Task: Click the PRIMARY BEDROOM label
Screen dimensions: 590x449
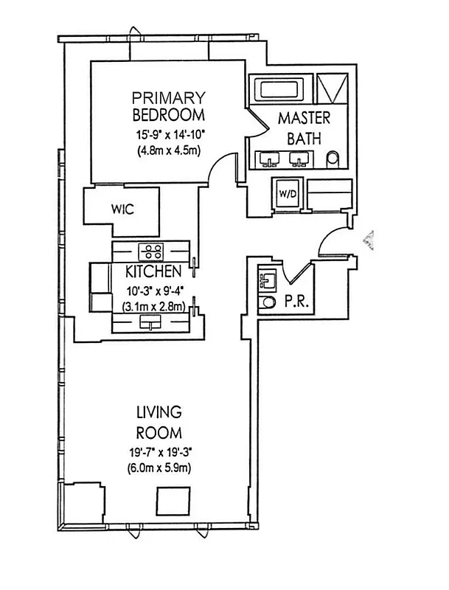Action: click(x=167, y=106)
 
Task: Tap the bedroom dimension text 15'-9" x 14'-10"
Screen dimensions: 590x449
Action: click(x=169, y=135)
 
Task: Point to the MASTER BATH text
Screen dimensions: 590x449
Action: click(x=304, y=127)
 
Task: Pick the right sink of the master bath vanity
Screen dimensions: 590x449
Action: click(x=299, y=159)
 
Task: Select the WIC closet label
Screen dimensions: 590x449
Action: click(x=122, y=209)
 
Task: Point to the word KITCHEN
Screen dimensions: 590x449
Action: click(x=153, y=271)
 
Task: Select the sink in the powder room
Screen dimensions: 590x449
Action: click(x=266, y=280)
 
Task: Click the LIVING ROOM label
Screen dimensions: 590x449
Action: click(x=159, y=421)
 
